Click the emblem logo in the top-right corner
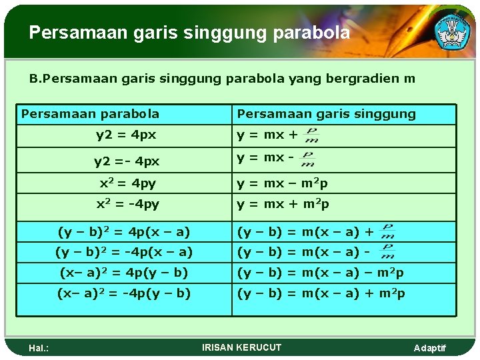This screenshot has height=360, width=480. [453, 31]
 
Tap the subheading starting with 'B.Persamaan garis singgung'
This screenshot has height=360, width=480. [222, 79]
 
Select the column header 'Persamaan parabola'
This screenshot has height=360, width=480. [90, 114]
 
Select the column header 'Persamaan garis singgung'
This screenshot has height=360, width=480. [326, 114]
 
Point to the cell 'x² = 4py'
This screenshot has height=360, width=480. [127, 183]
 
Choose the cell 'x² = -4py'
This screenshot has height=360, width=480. [127, 204]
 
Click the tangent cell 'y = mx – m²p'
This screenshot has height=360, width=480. [283, 183]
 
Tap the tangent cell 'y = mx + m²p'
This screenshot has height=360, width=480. [283, 204]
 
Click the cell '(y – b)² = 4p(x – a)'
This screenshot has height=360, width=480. [124, 232]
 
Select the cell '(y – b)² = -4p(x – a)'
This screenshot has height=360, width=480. [124, 252]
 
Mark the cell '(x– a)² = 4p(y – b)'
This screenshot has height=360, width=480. [124, 273]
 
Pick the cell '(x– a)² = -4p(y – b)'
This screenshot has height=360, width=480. [124, 293]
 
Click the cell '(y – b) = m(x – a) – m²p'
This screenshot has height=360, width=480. [321, 273]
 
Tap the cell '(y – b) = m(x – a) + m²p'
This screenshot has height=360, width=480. [321, 293]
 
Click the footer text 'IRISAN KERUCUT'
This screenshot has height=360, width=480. [241, 347]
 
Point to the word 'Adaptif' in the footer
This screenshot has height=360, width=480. [430, 349]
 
